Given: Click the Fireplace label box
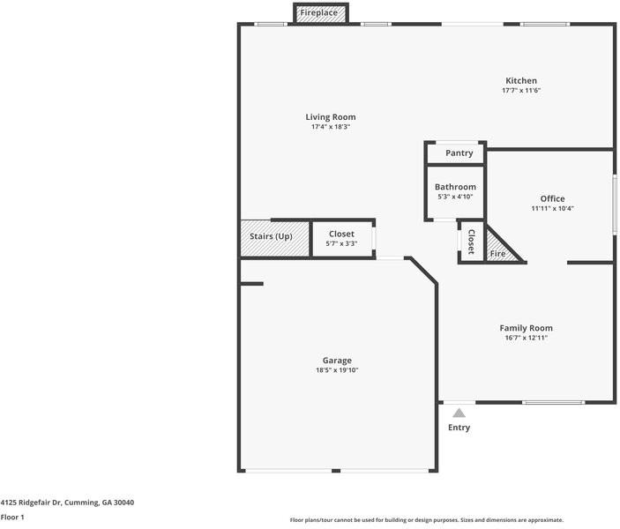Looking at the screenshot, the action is click(x=321, y=12).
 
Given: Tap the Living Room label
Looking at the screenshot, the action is click(x=331, y=117).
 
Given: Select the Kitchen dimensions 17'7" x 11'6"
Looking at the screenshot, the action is click(x=521, y=90).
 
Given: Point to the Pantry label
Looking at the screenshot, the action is click(x=459, y=153).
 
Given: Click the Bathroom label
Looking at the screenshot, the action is click(x=455, y=187).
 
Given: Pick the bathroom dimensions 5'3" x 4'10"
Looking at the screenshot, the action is click(x=455, y=197).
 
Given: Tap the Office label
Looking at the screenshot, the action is click(x=552, y=198).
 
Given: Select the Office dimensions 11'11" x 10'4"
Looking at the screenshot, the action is click(x=552, y=208).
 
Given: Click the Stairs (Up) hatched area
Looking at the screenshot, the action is click(x=275, y=238).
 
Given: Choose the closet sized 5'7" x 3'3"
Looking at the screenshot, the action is click(x=341, y=238).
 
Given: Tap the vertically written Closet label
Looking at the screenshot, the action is click(x=471, y=242).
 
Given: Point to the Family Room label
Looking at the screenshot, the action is click(x=526, y=328).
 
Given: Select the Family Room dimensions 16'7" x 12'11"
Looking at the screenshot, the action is click(x=526, y=338).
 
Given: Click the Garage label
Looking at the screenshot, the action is click(x=337, y=361).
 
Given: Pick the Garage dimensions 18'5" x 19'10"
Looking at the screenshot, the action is click(x=337, y=370).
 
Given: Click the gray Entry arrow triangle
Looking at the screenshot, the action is click(x=459, y=414).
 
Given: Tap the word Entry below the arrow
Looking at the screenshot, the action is click(x=459, y=428).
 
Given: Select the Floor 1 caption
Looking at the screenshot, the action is click(x=12, y=518).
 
